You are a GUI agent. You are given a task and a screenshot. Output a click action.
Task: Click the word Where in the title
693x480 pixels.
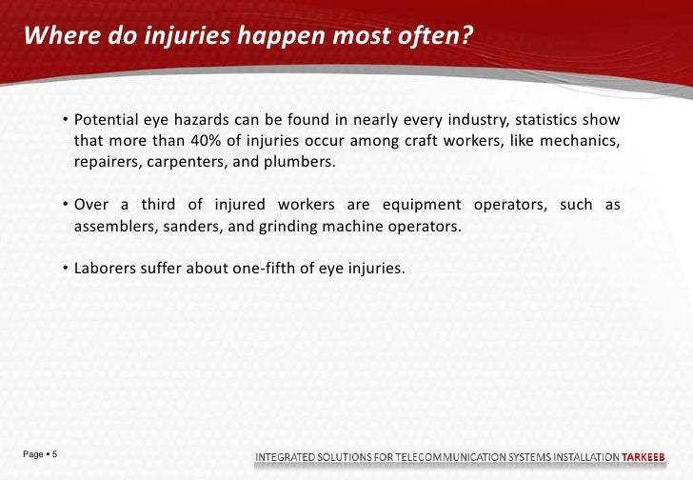coord(55,37)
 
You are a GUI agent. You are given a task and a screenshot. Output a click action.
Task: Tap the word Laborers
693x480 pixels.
coord(106,270)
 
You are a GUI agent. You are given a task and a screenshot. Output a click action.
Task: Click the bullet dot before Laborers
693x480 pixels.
coord(66,270)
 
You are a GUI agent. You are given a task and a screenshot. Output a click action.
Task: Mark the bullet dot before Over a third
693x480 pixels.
coord(66,207)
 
